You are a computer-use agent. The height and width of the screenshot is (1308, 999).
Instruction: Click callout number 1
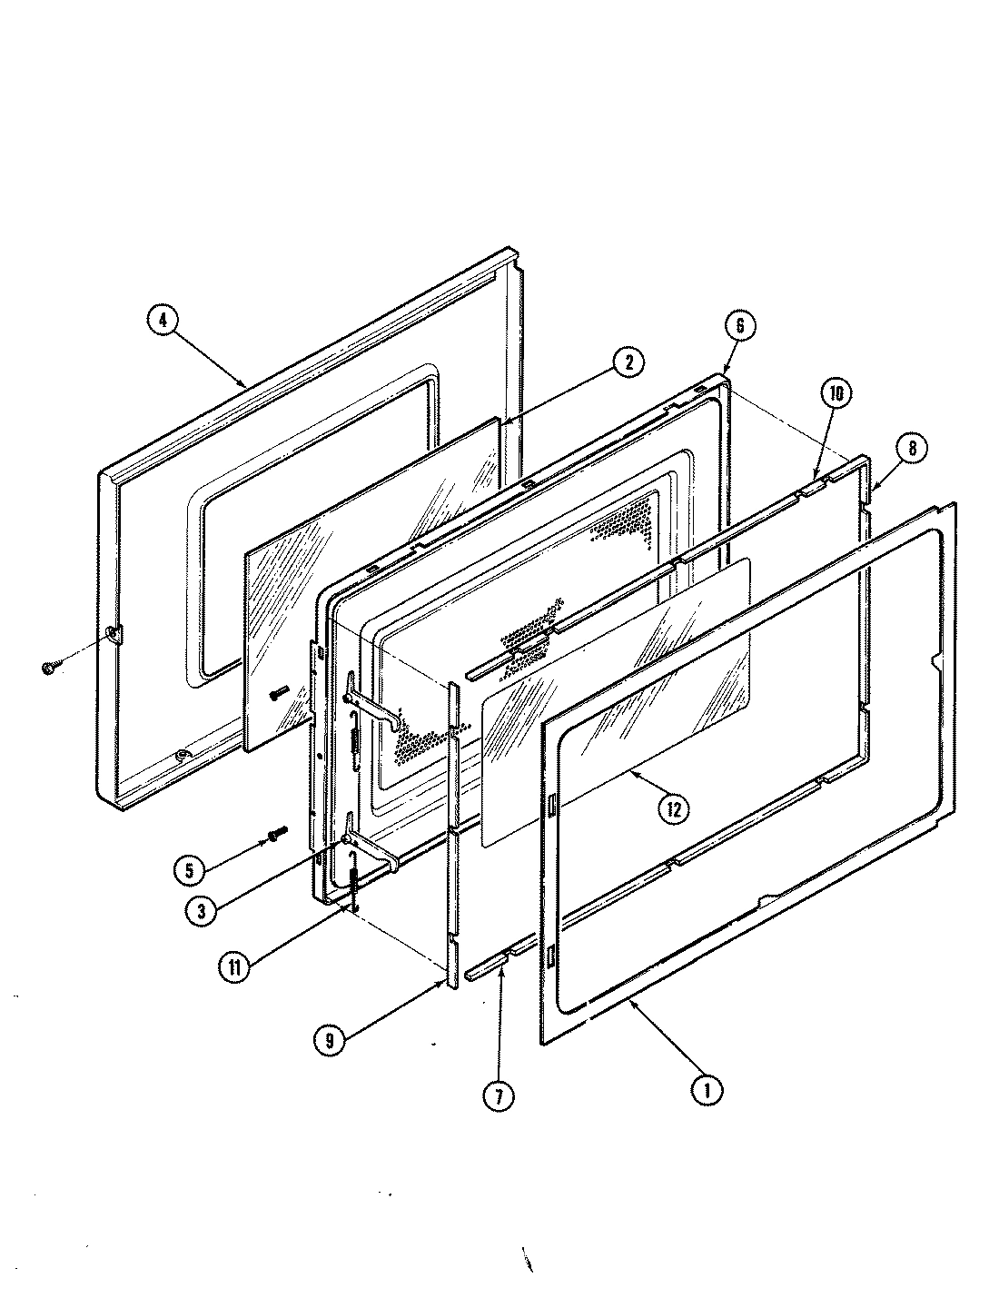pyautogui.click(x=707, y=1090)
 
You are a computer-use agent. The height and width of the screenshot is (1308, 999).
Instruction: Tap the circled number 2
pyautogui.click(x=628, y=362)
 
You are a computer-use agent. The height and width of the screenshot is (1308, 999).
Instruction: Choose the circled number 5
pyautogui.click(x=189, y=870)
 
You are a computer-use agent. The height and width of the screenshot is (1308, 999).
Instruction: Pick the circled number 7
pyautogui.click(x=497, y=1095)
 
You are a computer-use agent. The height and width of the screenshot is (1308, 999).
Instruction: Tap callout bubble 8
pyautogui.click(x=911, y=446)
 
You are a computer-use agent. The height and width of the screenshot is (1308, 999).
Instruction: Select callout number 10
pyautogui.click(x=836, y=393)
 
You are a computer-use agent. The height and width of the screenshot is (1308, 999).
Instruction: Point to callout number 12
pyautogui.click(x=672, y=809)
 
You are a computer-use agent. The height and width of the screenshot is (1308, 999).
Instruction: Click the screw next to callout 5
pyautogui.click(x=276, y=832)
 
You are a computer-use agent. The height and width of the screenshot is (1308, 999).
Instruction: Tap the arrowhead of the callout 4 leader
pyautogui.click(x=245, y=386)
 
